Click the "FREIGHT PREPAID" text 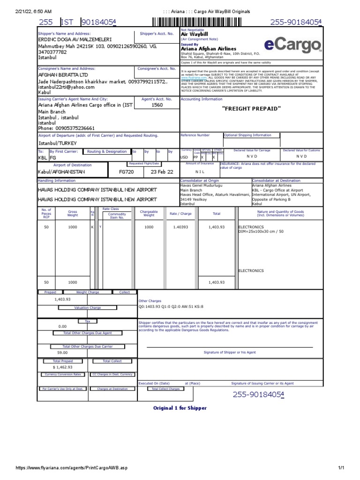[x=251, y=109]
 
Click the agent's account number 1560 [x=157, y=105]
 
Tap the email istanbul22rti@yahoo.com [x=66, y=87]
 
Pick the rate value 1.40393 [x=180, y=227]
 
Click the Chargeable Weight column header [x=149, y=214]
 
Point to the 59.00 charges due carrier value [x=62, y=352]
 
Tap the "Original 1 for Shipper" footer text [x=180, y=408]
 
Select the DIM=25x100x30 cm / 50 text [x=261, y=232]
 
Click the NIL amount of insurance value [x=200, y=172]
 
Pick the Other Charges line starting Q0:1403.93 [x=171, y=307]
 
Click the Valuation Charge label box [x=88, y=308]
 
